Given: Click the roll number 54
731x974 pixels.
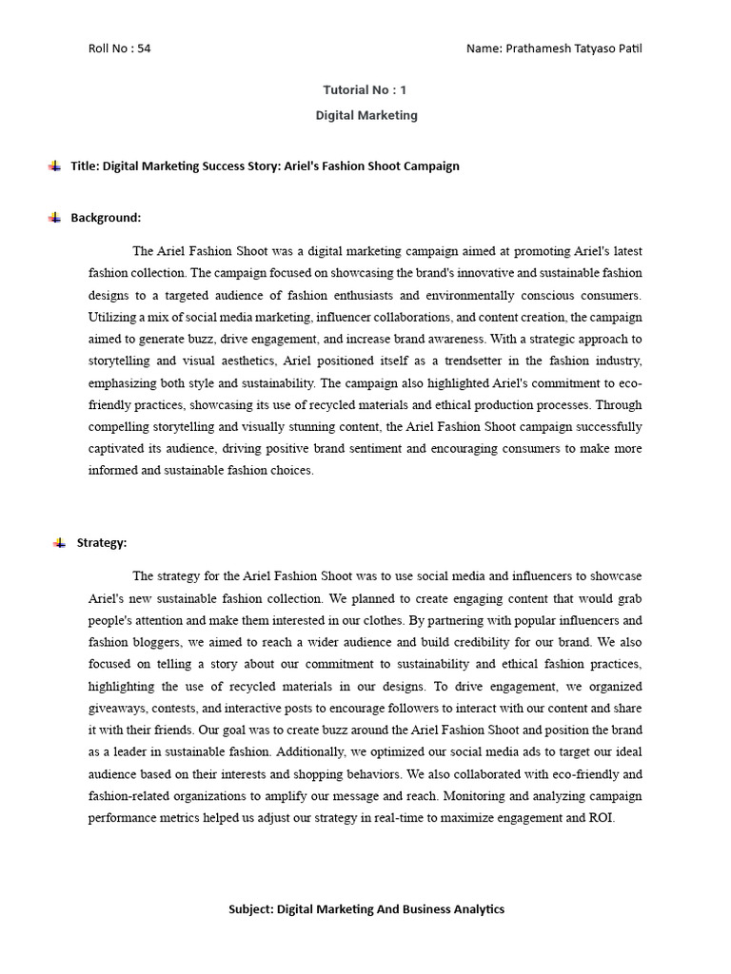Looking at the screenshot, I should click(x=144, y=49).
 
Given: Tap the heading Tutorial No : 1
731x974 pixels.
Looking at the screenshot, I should click(x=365, y=90).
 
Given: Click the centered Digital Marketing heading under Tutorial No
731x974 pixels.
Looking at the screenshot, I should click(x=365, y=115).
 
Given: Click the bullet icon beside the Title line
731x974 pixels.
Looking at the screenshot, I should click(x=54, y=166).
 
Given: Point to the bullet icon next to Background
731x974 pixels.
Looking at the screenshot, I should click(x=54, y=217).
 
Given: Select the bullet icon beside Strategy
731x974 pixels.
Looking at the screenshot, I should click(x=59, y=542).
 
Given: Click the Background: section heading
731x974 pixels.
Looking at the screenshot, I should click(x=106, y=218).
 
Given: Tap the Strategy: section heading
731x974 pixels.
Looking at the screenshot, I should click(x=102, y=543).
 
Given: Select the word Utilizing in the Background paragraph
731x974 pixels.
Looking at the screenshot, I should click(x=112, y=317).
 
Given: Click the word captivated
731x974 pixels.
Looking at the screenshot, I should click(x=119, y=448).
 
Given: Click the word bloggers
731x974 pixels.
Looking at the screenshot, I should click(x=156, y=642).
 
